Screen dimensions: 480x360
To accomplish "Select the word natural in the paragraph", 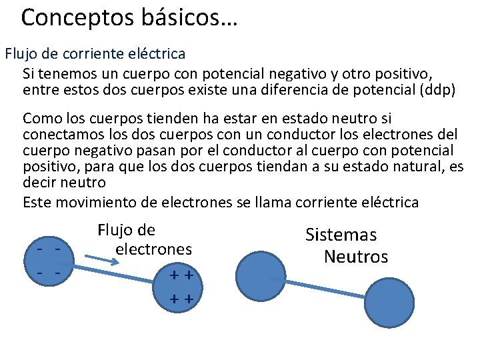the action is coord(395,166).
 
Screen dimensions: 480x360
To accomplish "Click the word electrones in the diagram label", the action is coord(153,249).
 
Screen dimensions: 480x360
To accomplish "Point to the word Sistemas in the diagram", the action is coord(341,235).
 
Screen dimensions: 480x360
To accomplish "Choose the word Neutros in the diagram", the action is coord(355,257).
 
